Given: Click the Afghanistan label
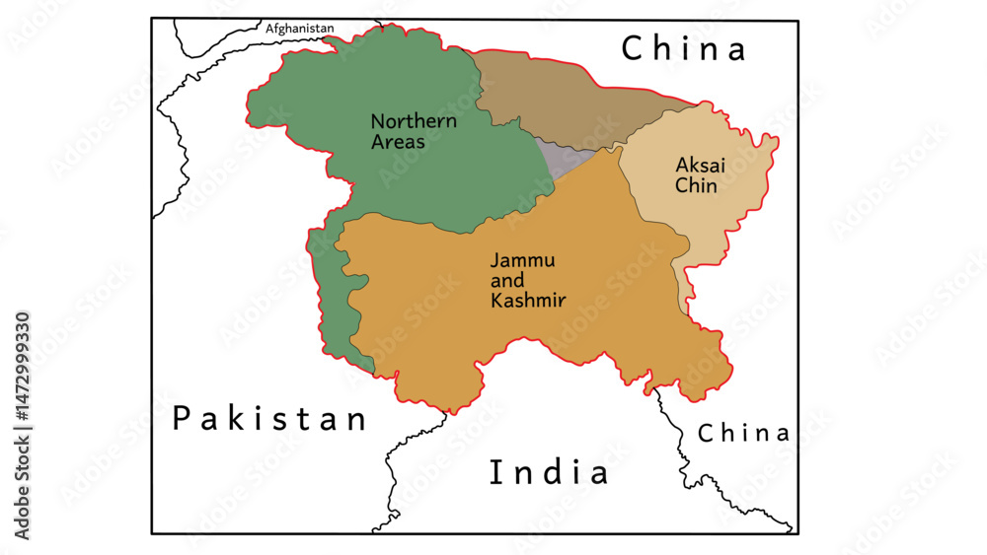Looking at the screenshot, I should (300, 29).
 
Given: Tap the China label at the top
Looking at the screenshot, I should (683, 48).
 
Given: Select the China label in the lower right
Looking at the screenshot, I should (743, 433).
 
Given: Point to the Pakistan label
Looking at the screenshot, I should (269, 419).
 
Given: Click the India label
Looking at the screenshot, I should (550, 472).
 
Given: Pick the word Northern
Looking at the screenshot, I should (414, 121).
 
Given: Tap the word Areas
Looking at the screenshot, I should (398, 142).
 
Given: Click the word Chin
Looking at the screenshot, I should (696, 184).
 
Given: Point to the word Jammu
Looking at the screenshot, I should (523, 260).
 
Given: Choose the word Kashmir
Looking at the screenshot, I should (528, 301).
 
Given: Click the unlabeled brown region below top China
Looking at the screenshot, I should (563, 99).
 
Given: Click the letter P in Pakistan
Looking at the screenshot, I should (182, 419).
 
